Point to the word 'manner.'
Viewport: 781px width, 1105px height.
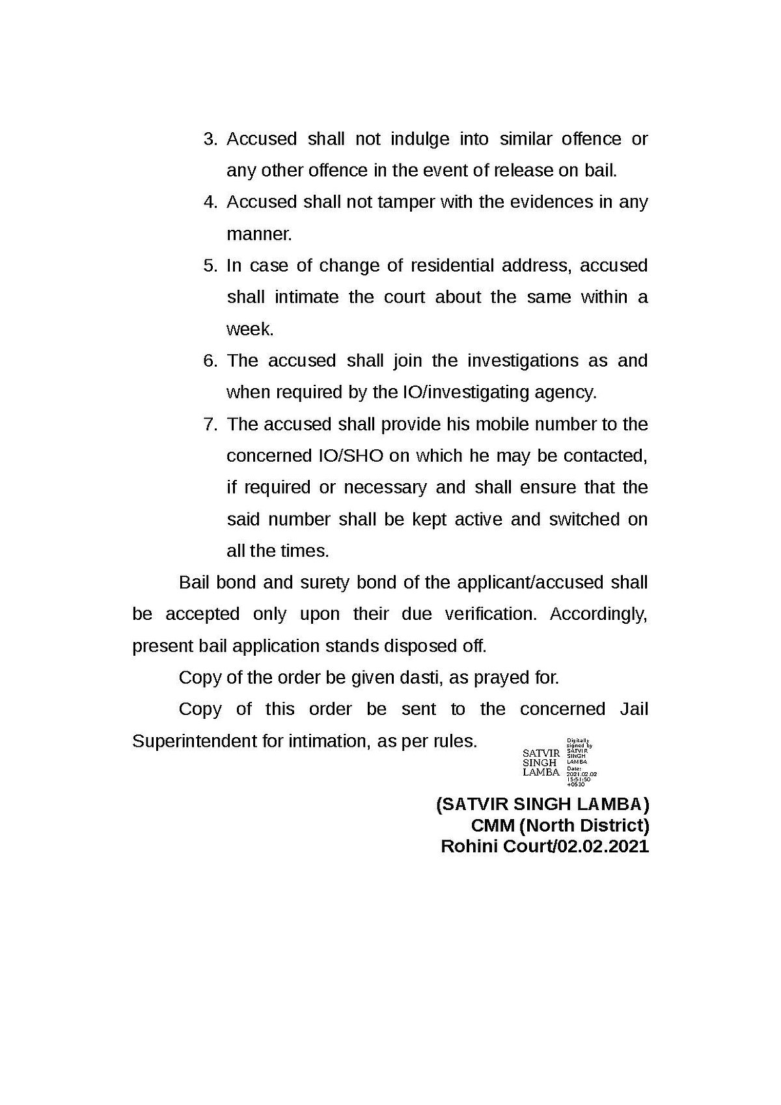coord(259,234)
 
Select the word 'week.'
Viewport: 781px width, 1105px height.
coord(250,329)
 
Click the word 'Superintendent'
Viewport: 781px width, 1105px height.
coord(195,741)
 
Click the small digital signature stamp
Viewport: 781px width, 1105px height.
coord(560,762)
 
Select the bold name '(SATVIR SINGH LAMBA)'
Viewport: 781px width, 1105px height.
coord(542,804)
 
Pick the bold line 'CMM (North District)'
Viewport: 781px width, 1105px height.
coord(560,826)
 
